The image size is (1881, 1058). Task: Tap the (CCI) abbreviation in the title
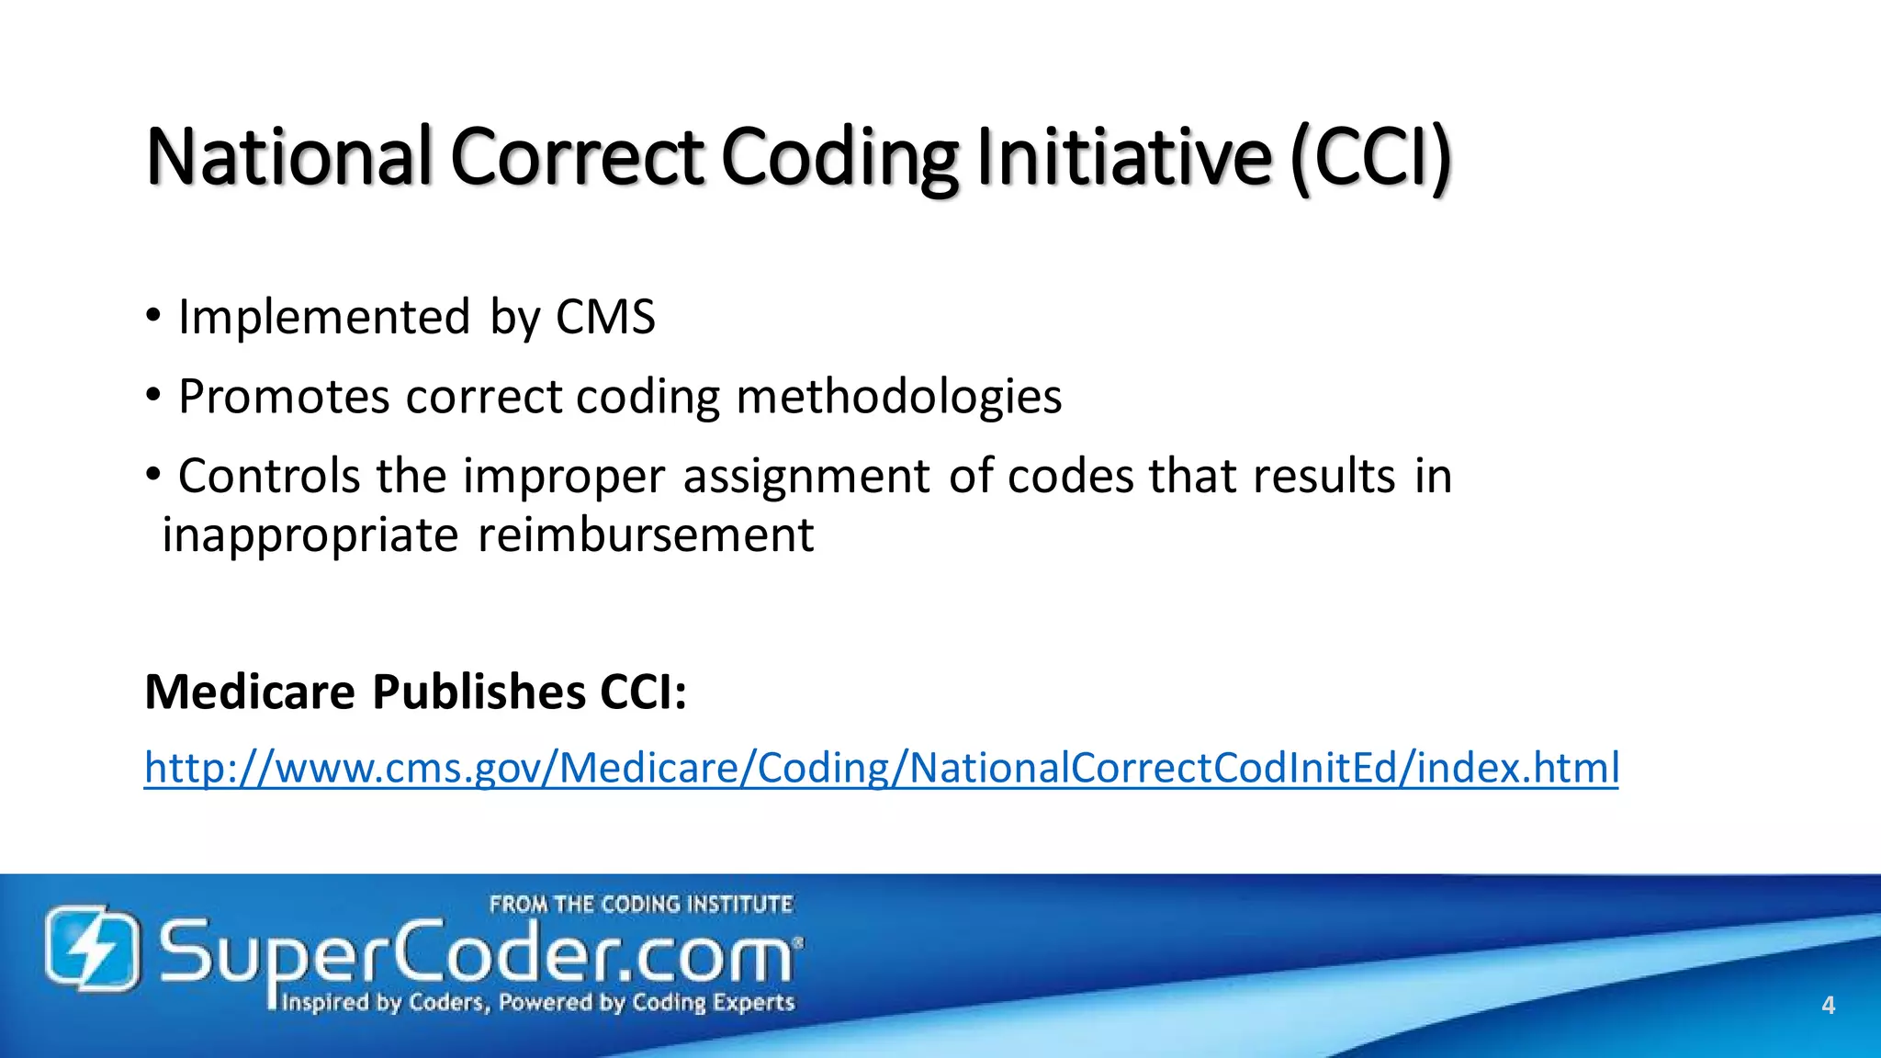pyautogui.click(x=1370, y=158)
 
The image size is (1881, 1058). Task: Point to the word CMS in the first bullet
pyautogui.click(x=605, y=318)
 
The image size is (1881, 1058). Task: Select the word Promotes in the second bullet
pyautogui.click(x=284, y=398)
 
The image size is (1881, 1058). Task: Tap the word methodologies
pyautogui.click(x=898, y=398)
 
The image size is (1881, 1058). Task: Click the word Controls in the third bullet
pyautogui.click(x=269, y=477)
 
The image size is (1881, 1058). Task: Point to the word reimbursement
pyautogui.click(x=646, y=535)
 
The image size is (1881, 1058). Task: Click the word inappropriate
pyautogui.click(x=310, y=535)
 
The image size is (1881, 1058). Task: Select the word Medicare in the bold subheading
pyautogui.click(x=250, y=692)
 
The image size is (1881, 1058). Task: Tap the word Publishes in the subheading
pyautogui.click(x=479, y=692)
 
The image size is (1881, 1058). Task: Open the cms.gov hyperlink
pyautogui.click(x=881, y=768)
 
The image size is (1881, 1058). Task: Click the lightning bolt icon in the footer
pyautogui.click(x=93, y=949)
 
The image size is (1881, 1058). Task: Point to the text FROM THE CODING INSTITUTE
pyautogui.click(x=640, y=905)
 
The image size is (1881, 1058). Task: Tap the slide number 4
pyautogui.click(x=1828, y=1006)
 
